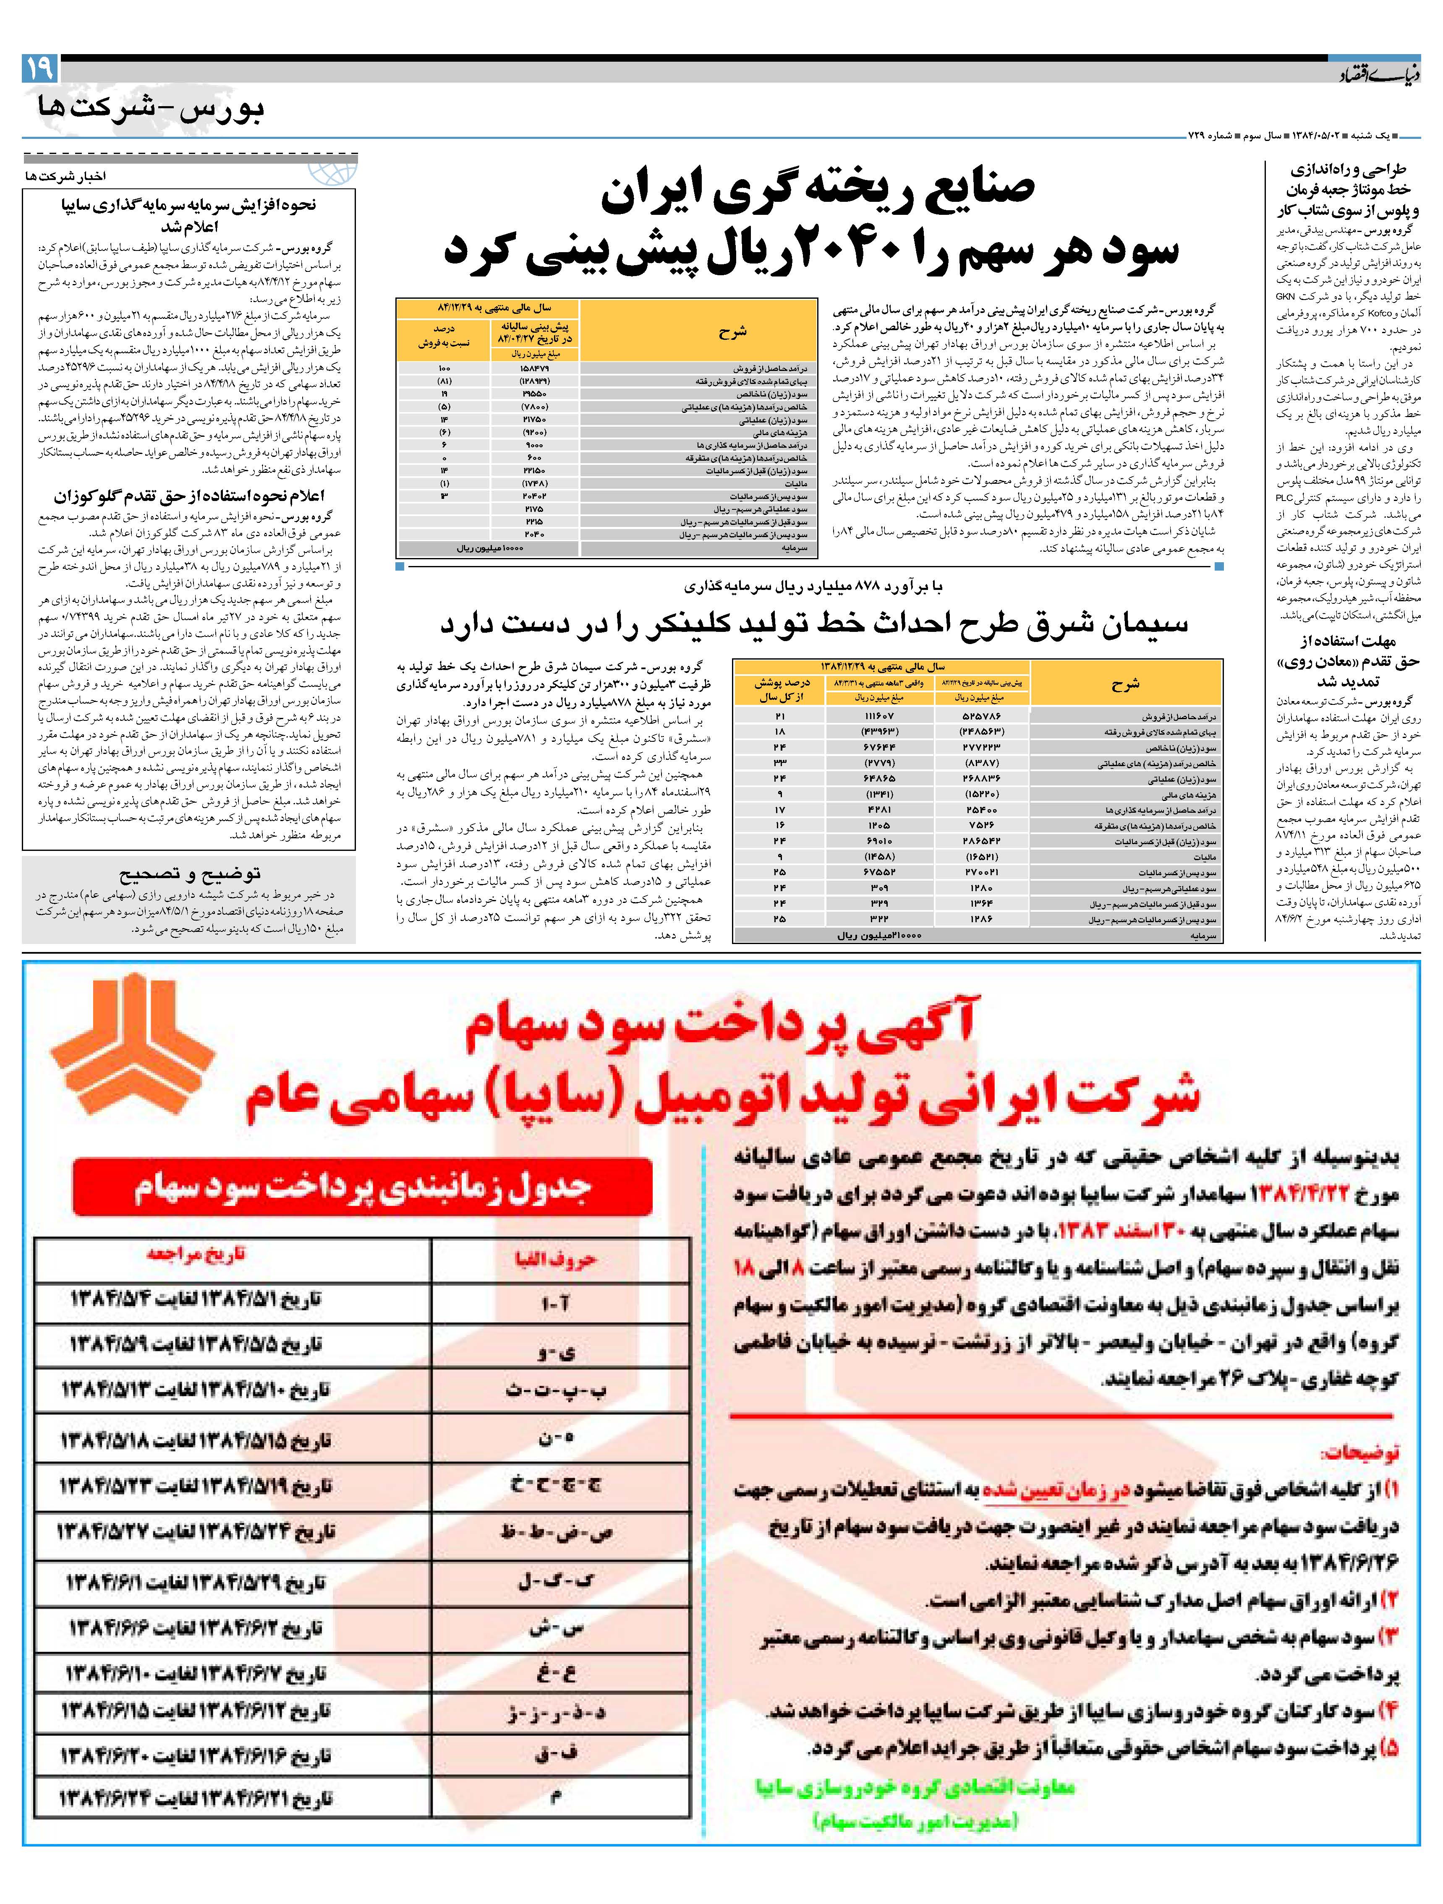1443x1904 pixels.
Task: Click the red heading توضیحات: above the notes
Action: [x=1360, y=1452]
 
